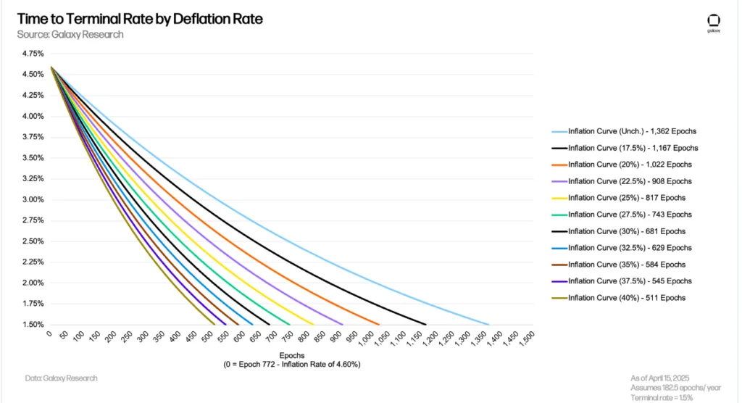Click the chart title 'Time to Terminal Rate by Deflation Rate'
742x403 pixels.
pos(140,19)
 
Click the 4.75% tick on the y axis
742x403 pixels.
pos(33,54)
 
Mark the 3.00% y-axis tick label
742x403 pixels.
pos(33,199)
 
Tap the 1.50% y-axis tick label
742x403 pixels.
pos(33,325)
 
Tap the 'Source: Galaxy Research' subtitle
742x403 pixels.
pos(70,35)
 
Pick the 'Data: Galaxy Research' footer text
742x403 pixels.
pos(61,378)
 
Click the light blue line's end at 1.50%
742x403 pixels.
pos(489,325)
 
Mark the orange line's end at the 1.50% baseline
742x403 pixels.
pos(379,325)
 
